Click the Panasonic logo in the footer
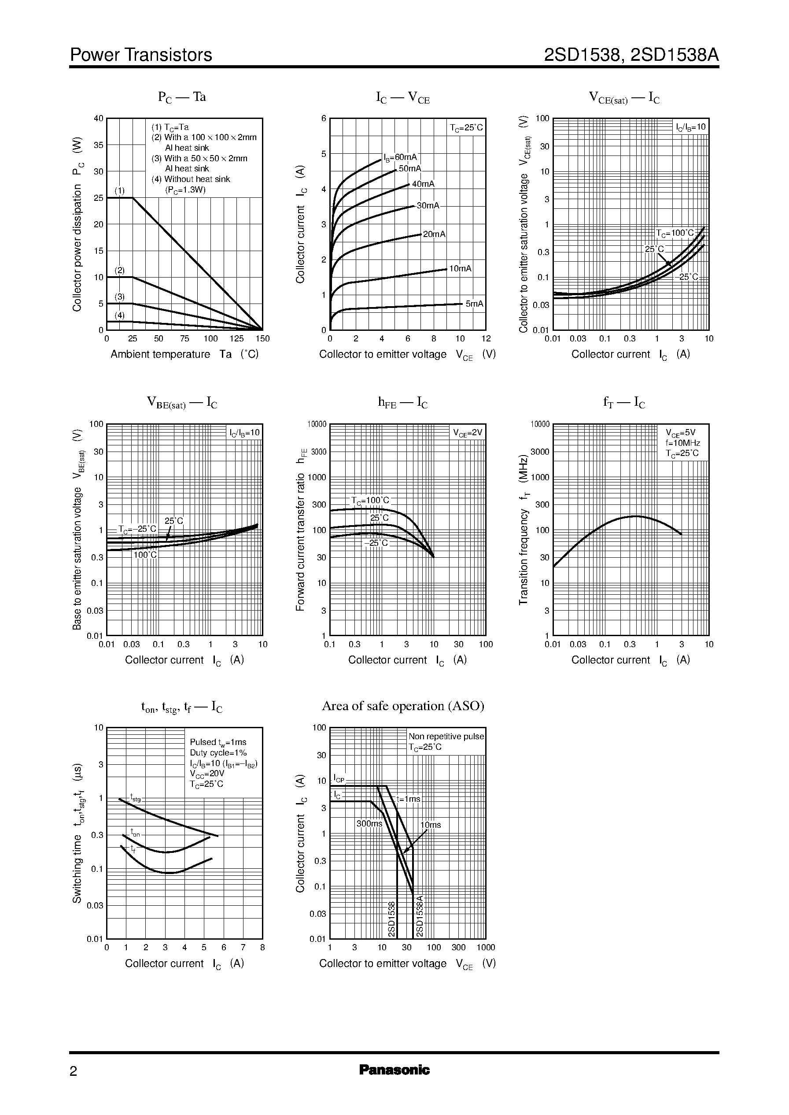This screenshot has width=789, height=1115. tap(394, 1070)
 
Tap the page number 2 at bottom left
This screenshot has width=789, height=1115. tap(74, 1071)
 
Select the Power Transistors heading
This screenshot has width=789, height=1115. tap(141, 55)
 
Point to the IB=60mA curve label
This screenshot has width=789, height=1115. tap(400, 157)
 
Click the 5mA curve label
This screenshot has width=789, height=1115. tap(474, 304)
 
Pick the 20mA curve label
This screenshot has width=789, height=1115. tap(434, 234)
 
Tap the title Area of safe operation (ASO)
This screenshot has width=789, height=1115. tap(403, 706)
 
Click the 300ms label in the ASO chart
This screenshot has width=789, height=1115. tap(369, 824)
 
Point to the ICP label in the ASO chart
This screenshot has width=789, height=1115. tap(339, 779)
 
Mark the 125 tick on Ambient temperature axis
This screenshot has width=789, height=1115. tap(236, 339)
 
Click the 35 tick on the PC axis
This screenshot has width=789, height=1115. tap(99, 145)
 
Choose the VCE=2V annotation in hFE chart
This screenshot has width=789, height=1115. tap(468, 432)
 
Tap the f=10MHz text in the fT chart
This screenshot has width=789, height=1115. tap(682, 443)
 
